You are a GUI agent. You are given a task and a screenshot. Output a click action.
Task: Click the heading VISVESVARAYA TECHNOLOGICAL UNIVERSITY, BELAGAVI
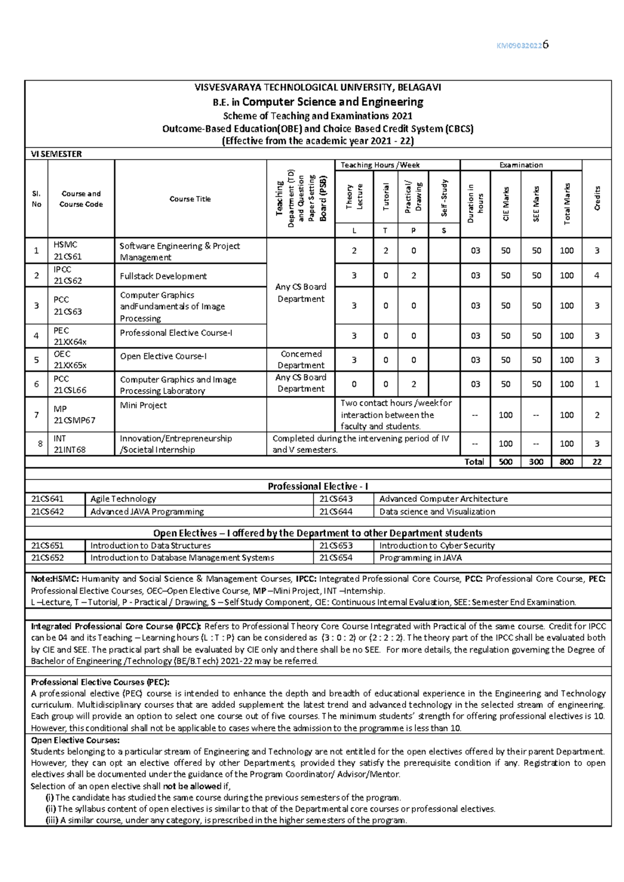click(318, 87)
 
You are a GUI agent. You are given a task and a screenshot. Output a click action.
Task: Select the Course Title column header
click(190, 199)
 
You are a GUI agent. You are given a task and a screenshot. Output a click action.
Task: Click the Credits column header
click(597, 198)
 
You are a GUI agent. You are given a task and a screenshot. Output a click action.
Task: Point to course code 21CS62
click(68, 281)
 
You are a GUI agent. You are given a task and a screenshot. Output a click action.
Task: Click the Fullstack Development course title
click(163, 276)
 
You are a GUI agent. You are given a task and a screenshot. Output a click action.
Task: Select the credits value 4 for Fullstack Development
click(597, 276)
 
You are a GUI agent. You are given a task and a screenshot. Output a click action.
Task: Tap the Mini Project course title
click(144, 405)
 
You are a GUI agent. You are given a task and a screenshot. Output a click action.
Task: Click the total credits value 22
click(597, 462)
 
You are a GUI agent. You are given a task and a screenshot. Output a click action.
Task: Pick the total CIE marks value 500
click(505, 462)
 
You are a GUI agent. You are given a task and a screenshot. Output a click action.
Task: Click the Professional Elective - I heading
click(318, 486)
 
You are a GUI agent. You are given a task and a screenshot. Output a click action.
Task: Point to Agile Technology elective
click(123, 499)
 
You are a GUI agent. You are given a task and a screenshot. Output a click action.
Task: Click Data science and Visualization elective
click(437, 512)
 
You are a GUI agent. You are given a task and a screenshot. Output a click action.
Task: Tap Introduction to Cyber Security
click(437, 546)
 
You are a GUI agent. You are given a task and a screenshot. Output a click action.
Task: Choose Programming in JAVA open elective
click(420, 558)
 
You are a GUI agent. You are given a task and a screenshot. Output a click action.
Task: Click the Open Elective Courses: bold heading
click(75, 740)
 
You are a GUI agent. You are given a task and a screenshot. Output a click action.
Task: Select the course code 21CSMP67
click(74, 420)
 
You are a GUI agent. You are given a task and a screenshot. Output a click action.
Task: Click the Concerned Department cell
click(301, 359)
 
